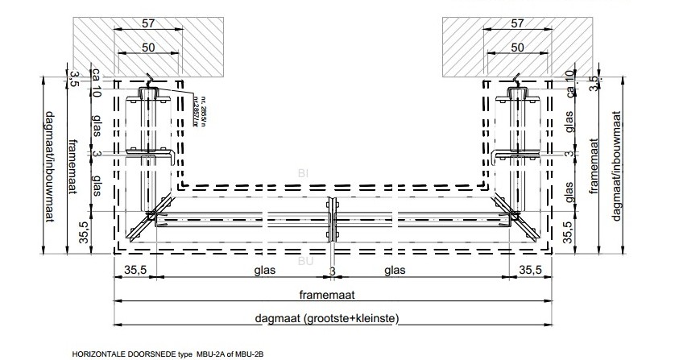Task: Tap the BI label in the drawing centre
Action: [303, 172]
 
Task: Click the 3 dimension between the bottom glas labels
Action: [332, 271]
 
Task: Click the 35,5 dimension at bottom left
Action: [133, 271]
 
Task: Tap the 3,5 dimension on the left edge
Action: [74, 78]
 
